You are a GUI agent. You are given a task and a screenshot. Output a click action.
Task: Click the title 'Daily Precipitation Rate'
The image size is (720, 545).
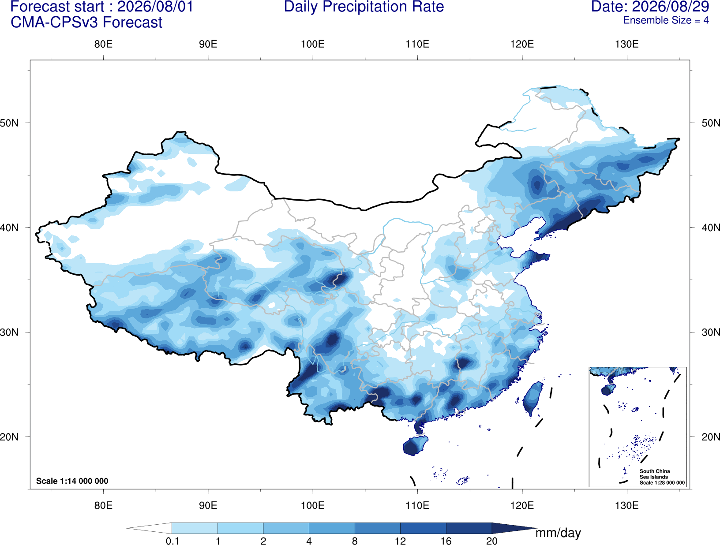364,7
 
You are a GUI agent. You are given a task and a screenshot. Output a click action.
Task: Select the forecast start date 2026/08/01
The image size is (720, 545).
155,7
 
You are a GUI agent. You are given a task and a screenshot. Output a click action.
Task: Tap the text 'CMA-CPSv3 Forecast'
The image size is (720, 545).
86,22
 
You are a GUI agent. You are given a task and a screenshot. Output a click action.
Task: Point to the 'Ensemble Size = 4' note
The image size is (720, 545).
666,20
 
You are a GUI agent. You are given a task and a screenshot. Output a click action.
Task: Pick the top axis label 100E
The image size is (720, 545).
313,44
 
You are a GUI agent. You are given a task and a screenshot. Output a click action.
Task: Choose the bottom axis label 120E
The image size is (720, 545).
522,505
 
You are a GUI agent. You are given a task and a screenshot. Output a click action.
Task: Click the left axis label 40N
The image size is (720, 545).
9,228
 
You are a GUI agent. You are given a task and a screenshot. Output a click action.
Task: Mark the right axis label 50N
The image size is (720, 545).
710,123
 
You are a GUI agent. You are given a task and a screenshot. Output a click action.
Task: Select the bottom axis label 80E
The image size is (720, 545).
103,505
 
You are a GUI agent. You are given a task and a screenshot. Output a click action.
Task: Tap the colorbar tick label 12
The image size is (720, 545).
400,541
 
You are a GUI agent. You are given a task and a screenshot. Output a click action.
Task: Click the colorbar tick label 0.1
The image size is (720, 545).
172,541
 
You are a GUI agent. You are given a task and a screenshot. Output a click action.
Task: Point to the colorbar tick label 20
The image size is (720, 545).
492,541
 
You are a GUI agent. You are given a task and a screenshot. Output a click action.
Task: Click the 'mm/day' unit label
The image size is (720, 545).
558,533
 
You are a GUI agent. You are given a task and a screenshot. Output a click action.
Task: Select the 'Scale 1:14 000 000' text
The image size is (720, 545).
72,481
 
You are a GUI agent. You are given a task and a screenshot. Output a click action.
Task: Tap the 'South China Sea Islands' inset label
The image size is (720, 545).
654,474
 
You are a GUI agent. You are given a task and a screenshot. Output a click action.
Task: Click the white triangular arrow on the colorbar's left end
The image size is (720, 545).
149,528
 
